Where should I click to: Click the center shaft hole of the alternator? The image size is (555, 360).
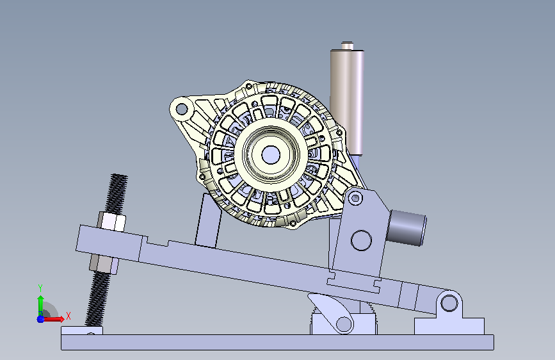271,155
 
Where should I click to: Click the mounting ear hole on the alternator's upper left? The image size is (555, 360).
182,109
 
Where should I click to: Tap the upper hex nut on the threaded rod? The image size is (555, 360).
111,221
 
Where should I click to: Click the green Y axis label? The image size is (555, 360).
40,288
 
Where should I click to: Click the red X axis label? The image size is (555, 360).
68,316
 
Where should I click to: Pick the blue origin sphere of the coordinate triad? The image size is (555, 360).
41,319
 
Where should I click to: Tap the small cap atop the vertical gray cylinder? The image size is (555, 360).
347,45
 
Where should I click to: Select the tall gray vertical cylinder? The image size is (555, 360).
347,102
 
